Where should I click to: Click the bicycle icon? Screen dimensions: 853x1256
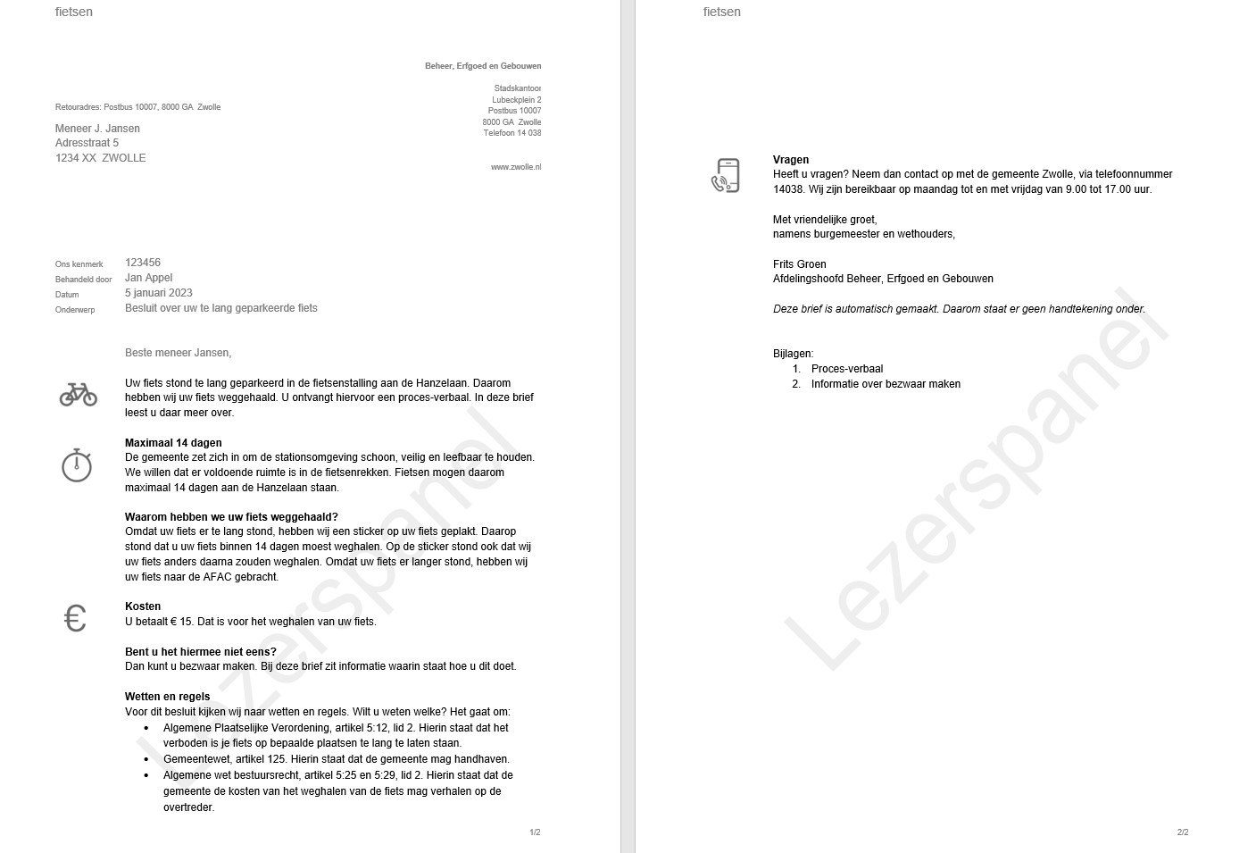coord(79,394)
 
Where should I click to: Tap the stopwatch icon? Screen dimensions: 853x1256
coord(77,465)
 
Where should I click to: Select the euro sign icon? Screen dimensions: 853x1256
coord(76,618)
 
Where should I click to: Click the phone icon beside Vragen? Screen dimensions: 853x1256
coord(726,176)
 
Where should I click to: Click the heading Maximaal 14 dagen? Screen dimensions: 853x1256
coord(173,443)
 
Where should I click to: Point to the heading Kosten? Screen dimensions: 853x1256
coord(143,606)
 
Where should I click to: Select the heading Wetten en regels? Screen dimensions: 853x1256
coord(168,697)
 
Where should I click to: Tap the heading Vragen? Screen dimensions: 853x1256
coord(791,160)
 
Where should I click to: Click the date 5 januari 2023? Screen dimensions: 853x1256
coord(159,293)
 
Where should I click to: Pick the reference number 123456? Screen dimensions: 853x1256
coord(143,263)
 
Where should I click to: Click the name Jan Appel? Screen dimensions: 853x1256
coord(148,278)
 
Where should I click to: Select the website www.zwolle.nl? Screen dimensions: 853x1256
coord(516,167)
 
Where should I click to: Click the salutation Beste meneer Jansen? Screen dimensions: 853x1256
coord(178,353)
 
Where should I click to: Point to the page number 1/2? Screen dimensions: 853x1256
coord(535,832)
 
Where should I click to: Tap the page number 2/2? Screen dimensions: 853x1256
coord(1183,832)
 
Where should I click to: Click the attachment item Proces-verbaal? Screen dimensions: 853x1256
coord(846,369)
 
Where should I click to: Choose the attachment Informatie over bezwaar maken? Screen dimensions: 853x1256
coord(886,384)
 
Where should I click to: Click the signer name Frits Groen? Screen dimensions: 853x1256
coord(800,264)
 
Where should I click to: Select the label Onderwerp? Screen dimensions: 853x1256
coord(75,309)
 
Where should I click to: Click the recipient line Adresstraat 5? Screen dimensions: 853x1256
coord(87,143)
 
